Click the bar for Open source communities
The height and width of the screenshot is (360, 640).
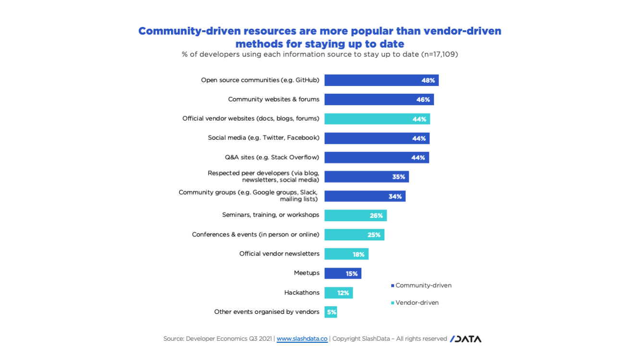[x=381, y=80]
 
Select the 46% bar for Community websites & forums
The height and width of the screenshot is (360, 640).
[x=379, y=99]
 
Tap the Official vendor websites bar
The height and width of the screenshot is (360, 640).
[x=377, y=119]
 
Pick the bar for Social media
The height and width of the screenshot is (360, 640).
[x=377, y=138]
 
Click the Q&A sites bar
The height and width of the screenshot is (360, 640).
[x=377, y=158]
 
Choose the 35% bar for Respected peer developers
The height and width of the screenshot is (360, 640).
[x=366, y=177]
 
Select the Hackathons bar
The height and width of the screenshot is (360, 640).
[x=338, y=293]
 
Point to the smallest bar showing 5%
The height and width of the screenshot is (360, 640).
[x=331, y=312]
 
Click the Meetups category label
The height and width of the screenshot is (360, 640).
[x=307, y=273]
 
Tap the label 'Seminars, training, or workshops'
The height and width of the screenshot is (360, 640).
[x=271, y=215]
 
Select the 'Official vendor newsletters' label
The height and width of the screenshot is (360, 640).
[x=279, y=254]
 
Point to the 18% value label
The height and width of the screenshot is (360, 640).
[x=358, y=254]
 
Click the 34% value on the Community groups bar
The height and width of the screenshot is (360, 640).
[x=395, y=197]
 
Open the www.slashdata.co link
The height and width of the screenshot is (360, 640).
[x=302, y=339]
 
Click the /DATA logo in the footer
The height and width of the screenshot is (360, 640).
[x=465, y=339]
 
